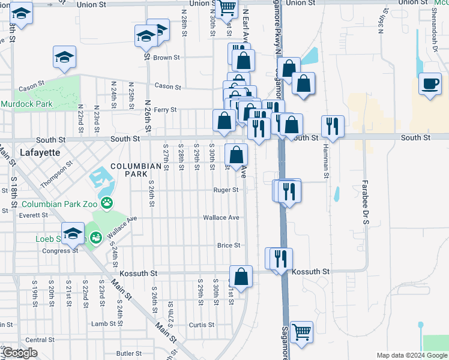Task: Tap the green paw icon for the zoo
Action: (107, 203)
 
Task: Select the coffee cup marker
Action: (430, 84)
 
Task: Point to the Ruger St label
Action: (226, 190)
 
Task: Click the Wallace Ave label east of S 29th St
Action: (221, 217)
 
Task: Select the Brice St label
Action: (229, 245)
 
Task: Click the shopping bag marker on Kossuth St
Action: (241, 277)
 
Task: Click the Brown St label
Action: (166, 58)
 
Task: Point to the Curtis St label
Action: (202, 325)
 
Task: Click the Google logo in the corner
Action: (20, 353)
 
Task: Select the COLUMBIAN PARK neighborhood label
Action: (128, 170)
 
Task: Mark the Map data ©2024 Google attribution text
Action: (411, 355)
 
